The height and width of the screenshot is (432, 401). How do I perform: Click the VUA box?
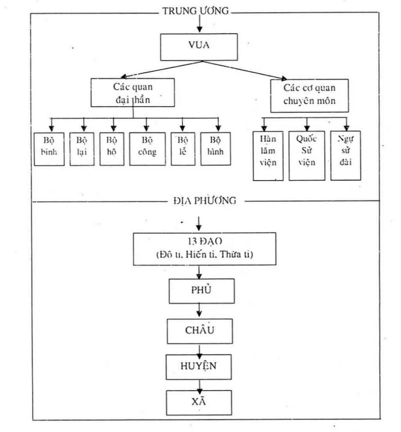199,47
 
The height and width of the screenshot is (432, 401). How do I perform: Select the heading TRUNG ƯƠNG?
195,11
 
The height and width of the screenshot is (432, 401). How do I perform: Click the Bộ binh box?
49,149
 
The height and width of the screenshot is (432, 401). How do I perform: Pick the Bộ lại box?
81,149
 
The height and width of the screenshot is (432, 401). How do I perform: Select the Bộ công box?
147,149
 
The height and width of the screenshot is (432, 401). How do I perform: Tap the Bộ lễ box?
182,149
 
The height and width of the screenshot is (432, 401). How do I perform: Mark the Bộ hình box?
215,149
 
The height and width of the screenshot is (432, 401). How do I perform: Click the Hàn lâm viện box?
268,155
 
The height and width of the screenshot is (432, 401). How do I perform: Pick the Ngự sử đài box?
345,155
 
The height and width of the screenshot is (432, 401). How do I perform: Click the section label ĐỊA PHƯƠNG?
204,201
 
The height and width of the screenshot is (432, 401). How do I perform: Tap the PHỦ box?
201,291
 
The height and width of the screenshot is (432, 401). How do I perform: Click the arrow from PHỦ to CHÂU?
199,311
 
